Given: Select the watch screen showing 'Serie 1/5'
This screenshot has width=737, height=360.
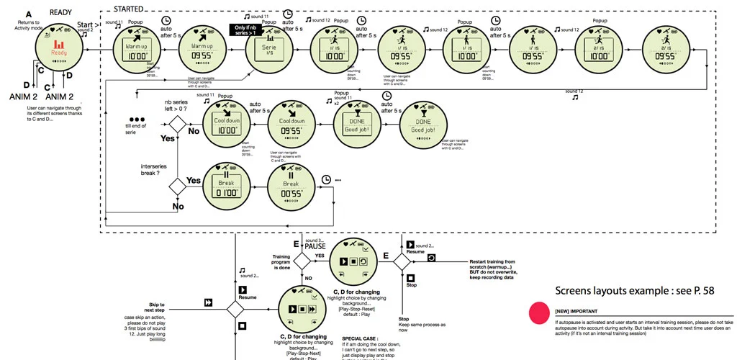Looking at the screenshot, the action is [x=269, y=50].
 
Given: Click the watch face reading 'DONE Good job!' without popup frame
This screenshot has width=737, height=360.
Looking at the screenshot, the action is [x=423, y=125].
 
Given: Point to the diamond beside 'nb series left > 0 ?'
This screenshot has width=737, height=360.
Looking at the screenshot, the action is [x=177, y=125].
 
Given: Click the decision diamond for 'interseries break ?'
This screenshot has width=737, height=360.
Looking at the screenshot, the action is [x=177, y=186].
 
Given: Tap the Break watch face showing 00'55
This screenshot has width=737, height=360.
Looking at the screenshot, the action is [x=291, y=186].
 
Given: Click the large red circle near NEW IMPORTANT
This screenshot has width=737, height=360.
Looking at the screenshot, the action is [x=540, y=312].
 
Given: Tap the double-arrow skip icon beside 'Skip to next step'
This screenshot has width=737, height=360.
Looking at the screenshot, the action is [x=207, y=305].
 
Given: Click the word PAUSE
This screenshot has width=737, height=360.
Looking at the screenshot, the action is [x=316, y=246].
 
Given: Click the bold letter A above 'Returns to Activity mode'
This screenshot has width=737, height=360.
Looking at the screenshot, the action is [x=28, y=14].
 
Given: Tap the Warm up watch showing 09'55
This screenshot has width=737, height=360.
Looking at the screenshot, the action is [x=202, y=50].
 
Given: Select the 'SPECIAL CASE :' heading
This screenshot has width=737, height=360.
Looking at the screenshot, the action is [x=358, y=338].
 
